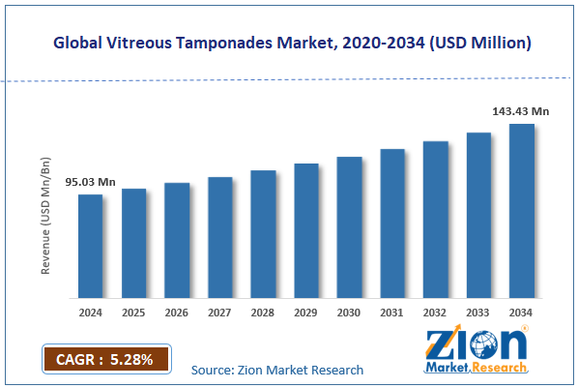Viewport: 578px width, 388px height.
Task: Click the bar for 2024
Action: [x=90, y=246]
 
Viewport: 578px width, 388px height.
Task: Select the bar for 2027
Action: [x=219, y=237]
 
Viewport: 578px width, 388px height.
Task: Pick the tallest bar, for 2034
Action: [x=522, y=210]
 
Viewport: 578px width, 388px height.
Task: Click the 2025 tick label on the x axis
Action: [x=133, y=313]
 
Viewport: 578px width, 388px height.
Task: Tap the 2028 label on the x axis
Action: [x=263, y=313]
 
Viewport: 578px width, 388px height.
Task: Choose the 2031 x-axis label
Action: [x=392, y=313]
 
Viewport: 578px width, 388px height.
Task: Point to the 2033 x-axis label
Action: [x=478, y=313]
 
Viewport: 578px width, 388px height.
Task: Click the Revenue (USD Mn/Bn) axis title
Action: [x=45, y=218]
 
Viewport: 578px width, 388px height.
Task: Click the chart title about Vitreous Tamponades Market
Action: [x=289, y=44]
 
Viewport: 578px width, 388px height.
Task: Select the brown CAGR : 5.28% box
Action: [x=105, y=359]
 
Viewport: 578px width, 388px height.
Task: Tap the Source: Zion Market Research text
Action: [x=277, y=370]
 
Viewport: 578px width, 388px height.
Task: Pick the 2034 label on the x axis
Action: [x=522, y=313]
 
